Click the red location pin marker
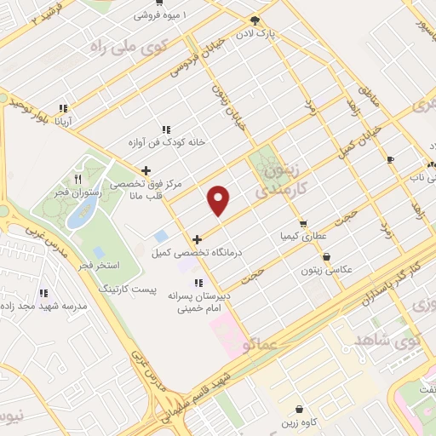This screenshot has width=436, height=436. coord(220,200)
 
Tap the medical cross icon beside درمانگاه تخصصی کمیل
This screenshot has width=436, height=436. coord(198,239)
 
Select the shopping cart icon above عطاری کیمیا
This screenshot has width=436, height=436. coord(303,224)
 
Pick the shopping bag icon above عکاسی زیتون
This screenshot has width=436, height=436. coord(326,257)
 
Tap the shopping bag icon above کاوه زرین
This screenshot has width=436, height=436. coord(298,410)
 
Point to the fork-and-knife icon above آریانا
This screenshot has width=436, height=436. coord(62,109)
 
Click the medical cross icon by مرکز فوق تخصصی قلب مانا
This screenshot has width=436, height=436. coord(146,170)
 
